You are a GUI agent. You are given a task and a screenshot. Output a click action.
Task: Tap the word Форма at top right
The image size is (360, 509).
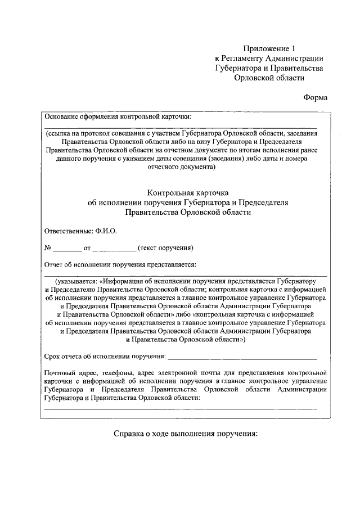click(x=316, y=97)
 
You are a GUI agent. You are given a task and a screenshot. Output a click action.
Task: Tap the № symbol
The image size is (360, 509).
click(x=48, y=247)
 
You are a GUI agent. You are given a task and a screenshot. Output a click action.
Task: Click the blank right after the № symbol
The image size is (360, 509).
click(x=67, y=248)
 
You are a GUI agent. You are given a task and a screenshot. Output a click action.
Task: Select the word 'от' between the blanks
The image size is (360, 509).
click(x=87, y=247)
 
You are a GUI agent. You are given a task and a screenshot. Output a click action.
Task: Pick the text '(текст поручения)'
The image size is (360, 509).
click(x=167, y=247)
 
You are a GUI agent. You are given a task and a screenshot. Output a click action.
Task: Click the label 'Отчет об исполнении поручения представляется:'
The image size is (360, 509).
click(x=120, y=264)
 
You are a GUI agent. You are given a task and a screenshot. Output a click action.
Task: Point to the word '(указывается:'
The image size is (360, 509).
click(x=76, y=281)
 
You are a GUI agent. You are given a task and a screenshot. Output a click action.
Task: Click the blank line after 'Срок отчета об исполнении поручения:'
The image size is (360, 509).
click(x=242, y=357)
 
